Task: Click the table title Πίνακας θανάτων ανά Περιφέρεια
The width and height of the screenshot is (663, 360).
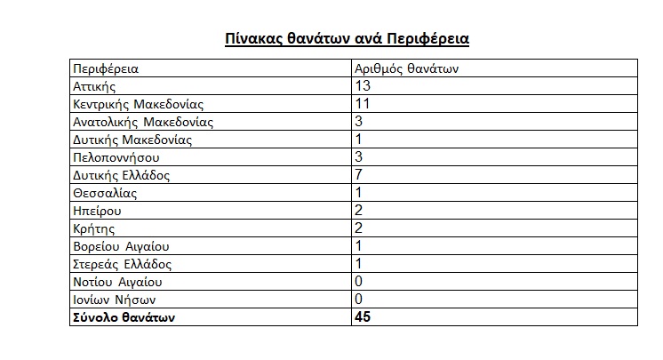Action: click(346, 39)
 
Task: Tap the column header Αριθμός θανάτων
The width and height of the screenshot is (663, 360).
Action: click(406, 68)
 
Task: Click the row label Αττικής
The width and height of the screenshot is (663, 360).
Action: click(95, 86)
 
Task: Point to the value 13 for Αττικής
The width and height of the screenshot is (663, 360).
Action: click(363, 86)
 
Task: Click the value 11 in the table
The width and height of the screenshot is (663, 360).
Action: click(363, 104)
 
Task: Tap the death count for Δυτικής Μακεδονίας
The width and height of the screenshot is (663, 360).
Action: click(359, 140)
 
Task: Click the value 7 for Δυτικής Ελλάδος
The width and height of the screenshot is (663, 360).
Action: click(359, 175)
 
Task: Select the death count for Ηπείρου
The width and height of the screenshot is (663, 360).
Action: click(359, 211)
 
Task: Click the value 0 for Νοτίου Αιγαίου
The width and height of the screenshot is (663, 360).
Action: click(359, 282)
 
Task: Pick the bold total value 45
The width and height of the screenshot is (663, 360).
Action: click(363, 317)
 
